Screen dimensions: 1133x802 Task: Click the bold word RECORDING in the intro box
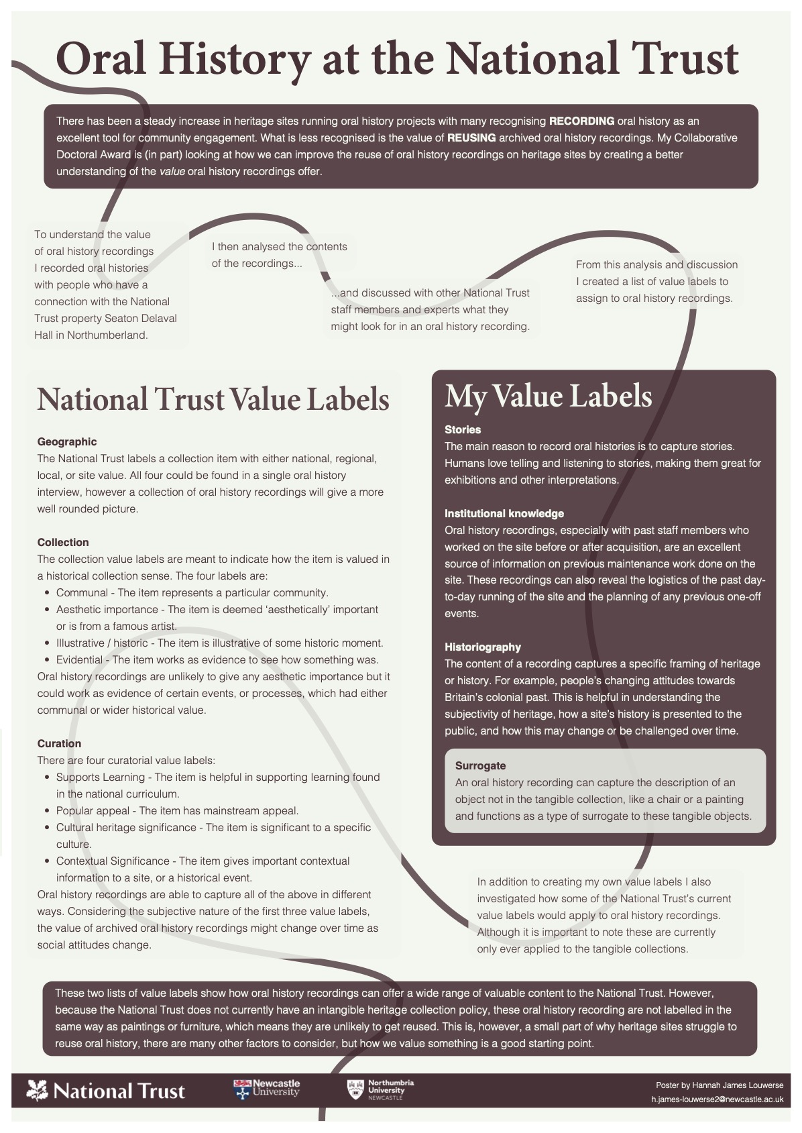coord(581,121)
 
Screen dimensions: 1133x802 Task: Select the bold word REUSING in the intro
coord(471,138)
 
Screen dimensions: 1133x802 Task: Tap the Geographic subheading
coord(67,442)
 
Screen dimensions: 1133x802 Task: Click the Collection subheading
coord(63,543)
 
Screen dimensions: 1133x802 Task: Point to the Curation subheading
coord(59,744)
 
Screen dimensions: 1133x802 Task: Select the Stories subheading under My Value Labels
coord(463,430)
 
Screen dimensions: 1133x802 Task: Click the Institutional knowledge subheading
coord(504,514)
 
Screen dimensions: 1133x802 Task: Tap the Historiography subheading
coord(483,647)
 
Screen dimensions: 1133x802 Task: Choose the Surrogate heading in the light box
coord(480,766)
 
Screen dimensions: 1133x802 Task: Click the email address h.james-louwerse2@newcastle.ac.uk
coord(717,1099)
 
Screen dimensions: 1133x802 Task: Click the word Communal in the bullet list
coord(82,593)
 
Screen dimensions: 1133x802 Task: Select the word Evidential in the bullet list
coord(79,660)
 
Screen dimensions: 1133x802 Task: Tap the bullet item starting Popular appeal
coord(177,811)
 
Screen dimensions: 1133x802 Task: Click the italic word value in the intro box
coord(172,172)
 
